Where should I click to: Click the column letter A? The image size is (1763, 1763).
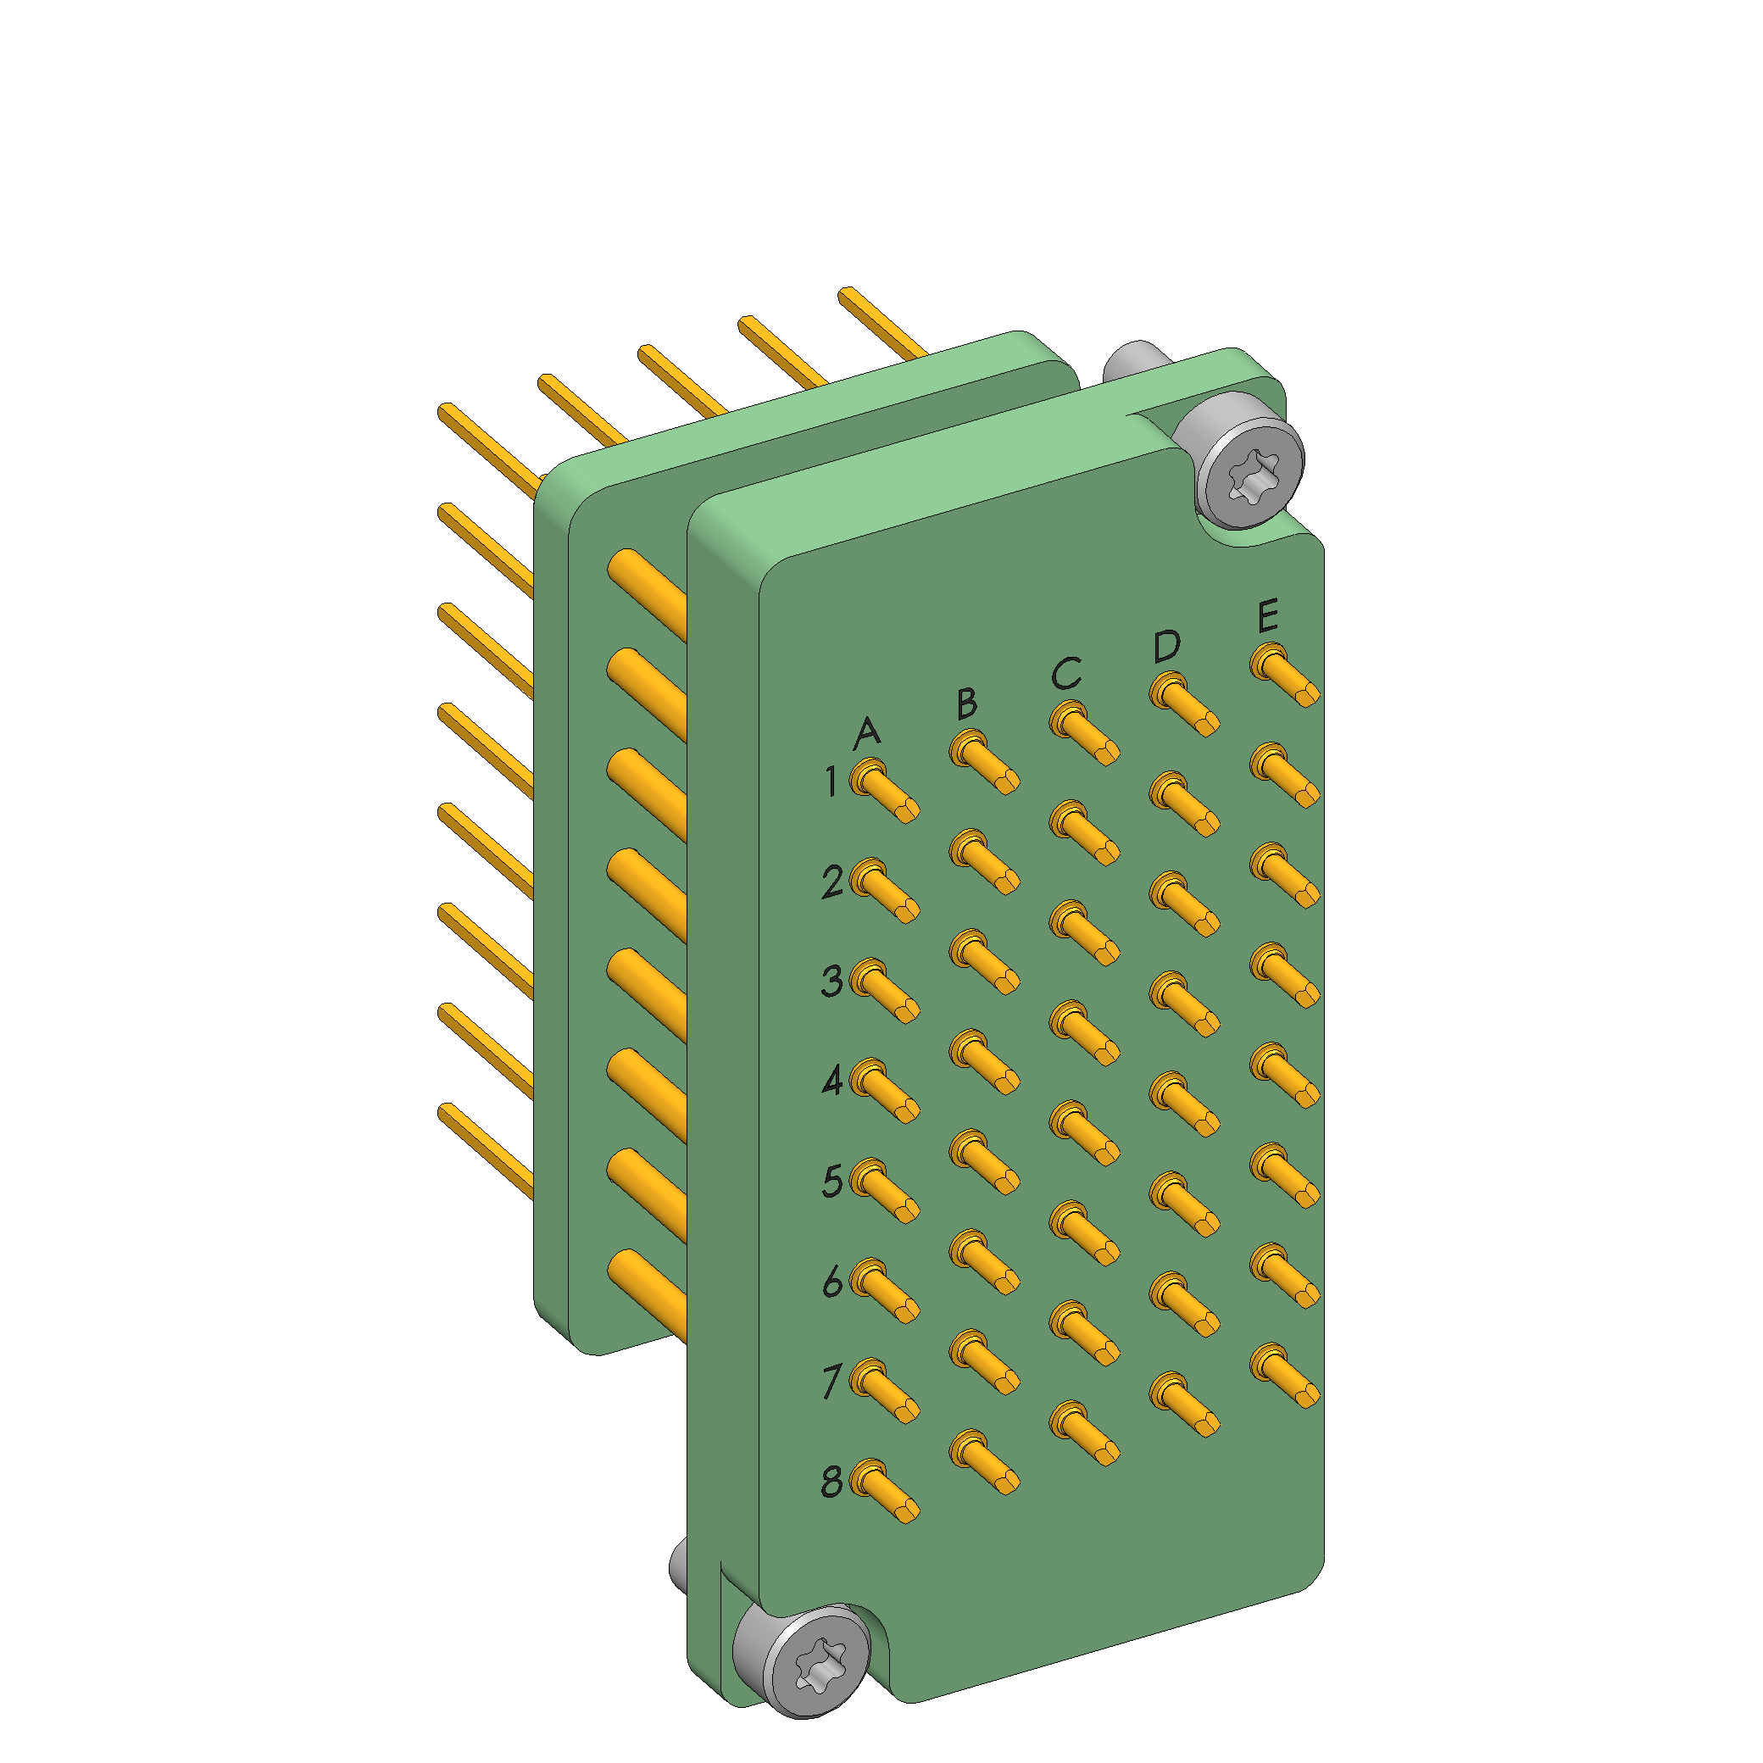point(867,733)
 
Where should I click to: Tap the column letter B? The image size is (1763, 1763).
point(967,704)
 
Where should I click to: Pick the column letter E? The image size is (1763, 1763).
point(1267,616)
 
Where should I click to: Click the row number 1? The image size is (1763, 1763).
point(831,782)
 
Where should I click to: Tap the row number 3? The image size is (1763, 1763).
point(832,981)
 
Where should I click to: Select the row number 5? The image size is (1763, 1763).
point(832,1181)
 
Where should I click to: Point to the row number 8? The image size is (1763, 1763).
point(831,1481)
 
